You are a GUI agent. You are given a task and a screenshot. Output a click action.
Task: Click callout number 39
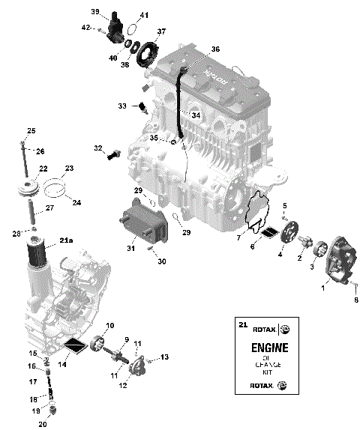coord(95,11)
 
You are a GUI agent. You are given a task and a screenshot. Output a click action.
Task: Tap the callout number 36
coord(216,49)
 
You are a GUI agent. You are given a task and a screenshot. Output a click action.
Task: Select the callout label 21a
coord(67,240)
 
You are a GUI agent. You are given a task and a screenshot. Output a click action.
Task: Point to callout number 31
coord(131,249)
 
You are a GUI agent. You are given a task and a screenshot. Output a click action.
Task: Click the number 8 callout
coord(355,300)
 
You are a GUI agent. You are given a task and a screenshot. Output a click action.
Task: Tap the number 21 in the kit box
coord(241,324)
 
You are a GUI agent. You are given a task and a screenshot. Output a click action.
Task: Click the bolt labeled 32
coord(115,156)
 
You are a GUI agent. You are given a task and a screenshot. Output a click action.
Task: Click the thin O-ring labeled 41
coord(132,29)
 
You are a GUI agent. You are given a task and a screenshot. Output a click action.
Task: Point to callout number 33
coord(122,106)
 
